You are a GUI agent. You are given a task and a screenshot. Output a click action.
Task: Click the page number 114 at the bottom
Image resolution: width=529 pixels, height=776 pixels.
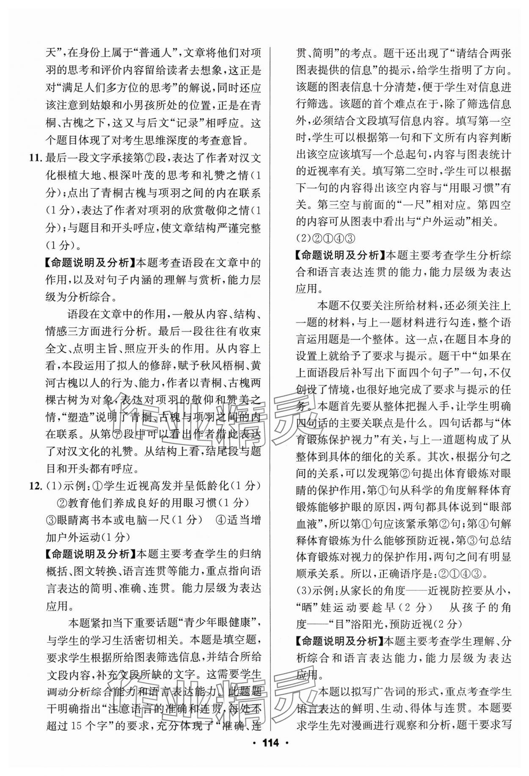click(264, 755)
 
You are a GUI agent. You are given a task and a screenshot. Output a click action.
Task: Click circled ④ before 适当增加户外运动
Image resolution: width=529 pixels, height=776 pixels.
click(221, 520)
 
